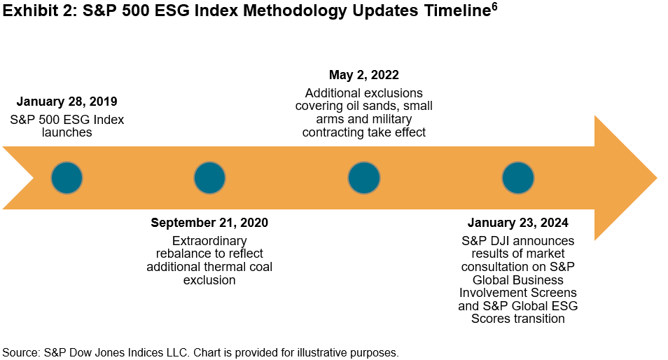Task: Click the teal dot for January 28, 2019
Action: pos(67,178)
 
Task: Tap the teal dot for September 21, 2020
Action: pos(209,178)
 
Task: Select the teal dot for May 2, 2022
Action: pos(364,178)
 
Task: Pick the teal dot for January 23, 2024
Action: pos(518,178)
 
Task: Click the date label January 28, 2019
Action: pos(67,101)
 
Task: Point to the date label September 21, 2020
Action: pos(209,223)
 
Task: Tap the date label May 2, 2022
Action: pos(364,75)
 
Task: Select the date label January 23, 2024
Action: pos(518,223)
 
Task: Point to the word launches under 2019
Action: pos(67,132)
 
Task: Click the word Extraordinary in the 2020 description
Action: pos(209,241)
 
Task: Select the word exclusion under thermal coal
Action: pos(209,280)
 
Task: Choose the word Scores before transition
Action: pos(491,319)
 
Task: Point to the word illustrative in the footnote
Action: pos(323,352)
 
